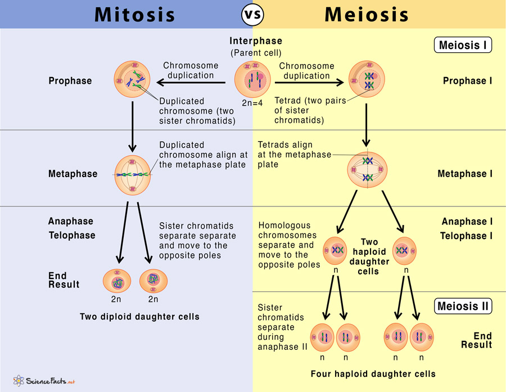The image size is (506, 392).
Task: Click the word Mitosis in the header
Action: point(134,14)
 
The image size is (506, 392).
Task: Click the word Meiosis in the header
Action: point(366,14)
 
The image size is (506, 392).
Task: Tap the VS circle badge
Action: point(252,14)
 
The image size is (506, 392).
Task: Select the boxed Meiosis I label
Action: point(463,45)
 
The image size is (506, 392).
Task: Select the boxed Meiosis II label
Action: point(463,307)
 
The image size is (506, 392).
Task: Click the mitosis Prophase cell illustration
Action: point(133,80)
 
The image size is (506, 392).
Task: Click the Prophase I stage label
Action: point(467,81)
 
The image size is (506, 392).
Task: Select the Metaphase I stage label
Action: point(464,174)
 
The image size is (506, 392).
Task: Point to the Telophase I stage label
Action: point(466,236)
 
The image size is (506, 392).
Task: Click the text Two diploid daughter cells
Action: point(139,317)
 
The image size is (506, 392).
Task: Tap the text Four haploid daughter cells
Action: point(373,373)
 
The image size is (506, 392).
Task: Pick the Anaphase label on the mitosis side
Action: point(70,221)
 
